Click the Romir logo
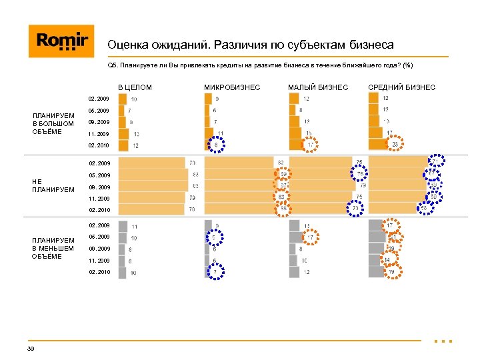pos(61,41)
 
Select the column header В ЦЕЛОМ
pos(135,87)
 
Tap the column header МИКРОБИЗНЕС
pos(232,87)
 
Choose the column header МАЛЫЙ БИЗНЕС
pos(317,87)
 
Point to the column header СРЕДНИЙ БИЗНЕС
pos(402,87)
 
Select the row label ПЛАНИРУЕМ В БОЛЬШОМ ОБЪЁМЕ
pos(53,123)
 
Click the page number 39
pos(31,349)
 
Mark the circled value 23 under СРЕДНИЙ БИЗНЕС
pos(395,145)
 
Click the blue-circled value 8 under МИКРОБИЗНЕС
pos(216,145)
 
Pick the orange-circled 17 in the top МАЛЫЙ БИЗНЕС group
pos(310,145)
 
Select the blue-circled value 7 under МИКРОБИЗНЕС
pos(215,273)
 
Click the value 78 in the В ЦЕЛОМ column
pos(192,209)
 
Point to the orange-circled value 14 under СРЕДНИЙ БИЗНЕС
pos(386,260)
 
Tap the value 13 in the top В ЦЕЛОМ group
pos(136,134)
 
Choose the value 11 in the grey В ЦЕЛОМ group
pos(135,227)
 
